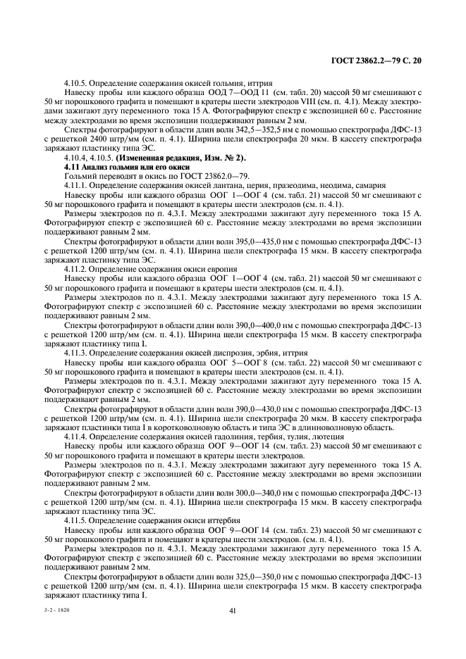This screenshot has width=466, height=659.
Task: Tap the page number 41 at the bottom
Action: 232,611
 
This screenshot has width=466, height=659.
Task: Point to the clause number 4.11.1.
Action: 75,184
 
